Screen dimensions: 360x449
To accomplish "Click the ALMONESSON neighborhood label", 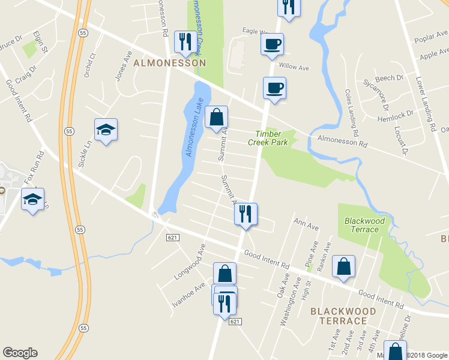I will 170,62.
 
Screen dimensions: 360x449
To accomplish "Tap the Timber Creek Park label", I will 268,138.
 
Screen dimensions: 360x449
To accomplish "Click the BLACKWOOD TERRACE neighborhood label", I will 343,316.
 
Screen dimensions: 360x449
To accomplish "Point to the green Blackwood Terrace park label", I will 364,225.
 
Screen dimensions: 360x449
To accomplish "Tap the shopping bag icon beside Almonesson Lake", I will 217,118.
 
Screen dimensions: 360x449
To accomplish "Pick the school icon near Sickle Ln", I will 106,130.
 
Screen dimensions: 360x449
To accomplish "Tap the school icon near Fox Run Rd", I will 32,199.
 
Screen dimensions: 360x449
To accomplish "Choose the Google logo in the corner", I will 20,353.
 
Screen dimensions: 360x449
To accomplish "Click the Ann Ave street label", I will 306,226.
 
